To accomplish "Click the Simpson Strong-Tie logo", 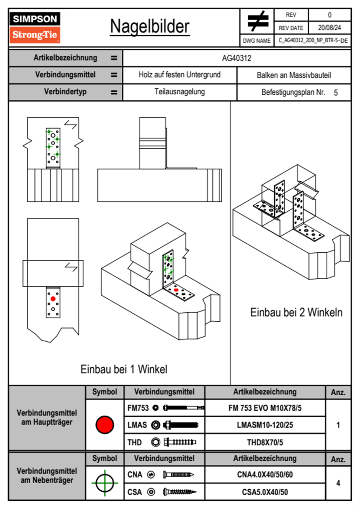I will [35, 27].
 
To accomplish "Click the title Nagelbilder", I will [150, 27].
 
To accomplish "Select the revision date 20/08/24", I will [329, 28].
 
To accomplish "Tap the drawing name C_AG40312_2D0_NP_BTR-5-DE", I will [313, 41].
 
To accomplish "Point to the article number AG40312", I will [237, 58].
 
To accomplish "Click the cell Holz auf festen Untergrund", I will [179, 75].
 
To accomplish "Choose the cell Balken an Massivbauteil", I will [294, 75].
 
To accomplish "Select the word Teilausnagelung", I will [179, 92].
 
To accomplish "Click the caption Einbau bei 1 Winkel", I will [124, 369].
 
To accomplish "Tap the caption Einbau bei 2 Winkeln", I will [296, 312].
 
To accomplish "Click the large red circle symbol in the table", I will [105, 425].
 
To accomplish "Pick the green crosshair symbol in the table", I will [105, 483].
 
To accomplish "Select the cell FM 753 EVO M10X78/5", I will [265, 408].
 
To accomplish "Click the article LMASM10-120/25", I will [265, 425].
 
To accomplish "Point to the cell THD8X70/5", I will [265, 442].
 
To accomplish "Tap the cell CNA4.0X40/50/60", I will [265, 475].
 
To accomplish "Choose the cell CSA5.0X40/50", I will [265, 492].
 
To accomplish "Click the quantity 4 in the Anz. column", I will [338, 483].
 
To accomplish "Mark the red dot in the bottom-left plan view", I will [53, 299].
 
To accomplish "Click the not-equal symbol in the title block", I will [257, 21].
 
